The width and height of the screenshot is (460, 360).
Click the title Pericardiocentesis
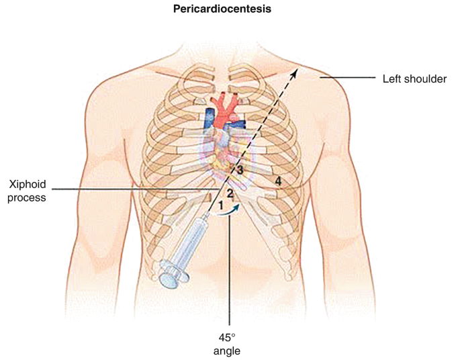[x=230, y=11]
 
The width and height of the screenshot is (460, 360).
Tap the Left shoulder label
[x=415, y=79]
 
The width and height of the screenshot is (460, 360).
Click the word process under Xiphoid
[x=28, y=197]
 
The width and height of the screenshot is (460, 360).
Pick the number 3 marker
[x=239, y=170]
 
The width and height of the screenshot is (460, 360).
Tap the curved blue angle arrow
[x=230, y=212]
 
